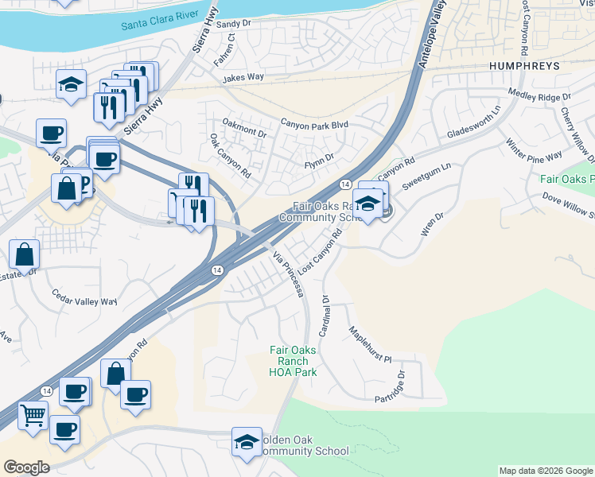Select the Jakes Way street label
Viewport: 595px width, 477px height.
tap(243, 78)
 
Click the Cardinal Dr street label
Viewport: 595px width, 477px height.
tap(325, 315)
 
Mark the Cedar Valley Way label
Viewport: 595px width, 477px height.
tap(84, 301)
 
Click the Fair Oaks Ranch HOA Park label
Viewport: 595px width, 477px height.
tap(293, 361)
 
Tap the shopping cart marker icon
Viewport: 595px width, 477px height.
tap(33, 414)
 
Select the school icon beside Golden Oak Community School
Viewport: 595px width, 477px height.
tap(247, 441)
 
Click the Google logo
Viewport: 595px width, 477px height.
tap(26, 467)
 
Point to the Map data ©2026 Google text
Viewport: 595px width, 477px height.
tap(545, 471)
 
